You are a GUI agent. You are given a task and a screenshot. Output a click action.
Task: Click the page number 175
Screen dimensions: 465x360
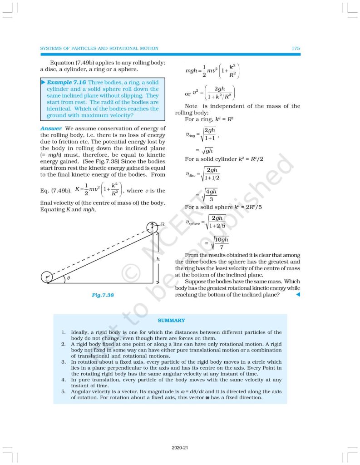(296, 48)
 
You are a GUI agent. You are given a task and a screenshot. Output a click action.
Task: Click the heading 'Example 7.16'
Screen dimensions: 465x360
(67, 82)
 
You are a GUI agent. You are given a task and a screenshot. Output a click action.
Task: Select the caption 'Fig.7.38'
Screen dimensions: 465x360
(103, 295)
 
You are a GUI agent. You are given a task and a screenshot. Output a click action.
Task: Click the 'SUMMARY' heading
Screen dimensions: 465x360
(171, 321)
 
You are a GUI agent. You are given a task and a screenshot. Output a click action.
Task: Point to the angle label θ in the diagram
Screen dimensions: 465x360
(69, 278)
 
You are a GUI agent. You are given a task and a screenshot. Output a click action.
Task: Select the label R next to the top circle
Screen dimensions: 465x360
(163, 224)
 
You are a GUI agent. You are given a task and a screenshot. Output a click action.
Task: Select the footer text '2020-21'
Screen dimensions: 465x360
(180, 448)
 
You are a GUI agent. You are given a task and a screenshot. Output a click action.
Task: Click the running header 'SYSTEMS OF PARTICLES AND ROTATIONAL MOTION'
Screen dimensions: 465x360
(99, 48)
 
